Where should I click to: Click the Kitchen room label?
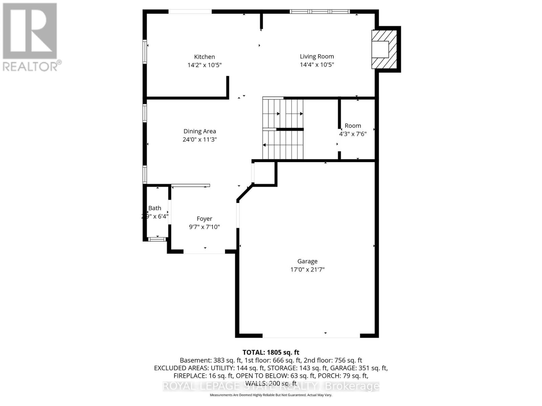(204, 57)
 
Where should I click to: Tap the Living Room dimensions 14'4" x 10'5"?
(317, 65)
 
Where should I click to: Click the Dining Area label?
(200, 131)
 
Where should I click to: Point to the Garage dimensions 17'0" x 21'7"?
(307, 270)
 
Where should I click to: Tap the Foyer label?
(204, 219)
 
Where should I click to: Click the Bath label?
(155, 208)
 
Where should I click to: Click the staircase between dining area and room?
(283, 129)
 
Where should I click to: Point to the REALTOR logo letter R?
(30, 31)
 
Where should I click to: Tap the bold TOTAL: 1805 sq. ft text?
(271, 353)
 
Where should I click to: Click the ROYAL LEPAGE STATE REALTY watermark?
(271, 386)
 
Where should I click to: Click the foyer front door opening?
(204, 252)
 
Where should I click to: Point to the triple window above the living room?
(320, 12)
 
